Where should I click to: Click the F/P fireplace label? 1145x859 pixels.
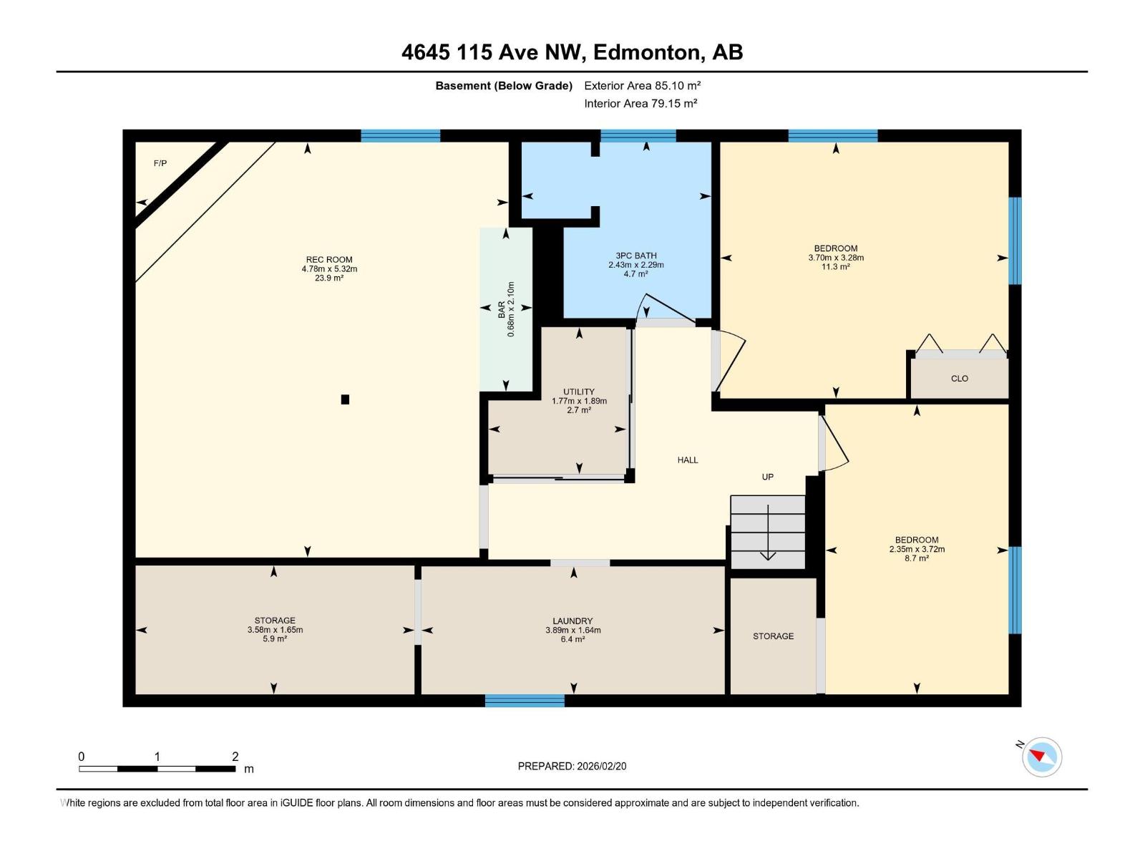coord(160,163)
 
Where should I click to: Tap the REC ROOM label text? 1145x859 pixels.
coord(329,260)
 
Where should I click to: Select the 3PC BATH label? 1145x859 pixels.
coord(636,256)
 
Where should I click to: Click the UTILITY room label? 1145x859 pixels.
coord(579,392)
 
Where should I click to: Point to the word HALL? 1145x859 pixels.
coord(688,460)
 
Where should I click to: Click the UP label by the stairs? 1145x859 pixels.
coord(767,477)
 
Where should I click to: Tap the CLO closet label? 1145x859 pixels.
coord(960,379)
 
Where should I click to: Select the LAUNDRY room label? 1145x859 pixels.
coord(572,621)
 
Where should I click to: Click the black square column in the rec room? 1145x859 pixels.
coord(345,399)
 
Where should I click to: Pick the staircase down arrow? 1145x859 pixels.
coord(768,532)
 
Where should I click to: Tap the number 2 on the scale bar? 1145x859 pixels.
coord(235,756)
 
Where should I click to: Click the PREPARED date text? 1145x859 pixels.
coord(572,766)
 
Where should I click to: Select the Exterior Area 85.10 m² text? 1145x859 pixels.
coord(642,85)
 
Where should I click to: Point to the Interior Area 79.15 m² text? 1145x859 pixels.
coord(640,103)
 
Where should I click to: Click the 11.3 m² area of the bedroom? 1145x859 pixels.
coord(836,266)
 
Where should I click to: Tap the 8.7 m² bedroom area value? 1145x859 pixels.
coord(917,558)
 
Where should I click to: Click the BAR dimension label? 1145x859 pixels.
coord(506,309)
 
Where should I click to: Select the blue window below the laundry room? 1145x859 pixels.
coord(525,701)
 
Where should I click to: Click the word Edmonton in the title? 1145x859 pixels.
coord(647,52)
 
